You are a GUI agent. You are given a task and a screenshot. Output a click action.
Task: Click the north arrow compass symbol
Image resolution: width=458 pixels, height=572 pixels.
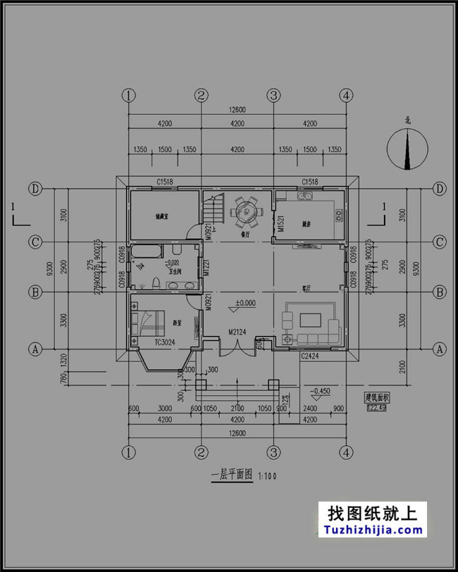[407, 150]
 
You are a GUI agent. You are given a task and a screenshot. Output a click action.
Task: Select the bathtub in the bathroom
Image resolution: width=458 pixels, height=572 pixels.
[147, 251]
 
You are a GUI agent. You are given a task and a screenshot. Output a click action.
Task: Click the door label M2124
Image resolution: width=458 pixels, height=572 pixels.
[237, 332]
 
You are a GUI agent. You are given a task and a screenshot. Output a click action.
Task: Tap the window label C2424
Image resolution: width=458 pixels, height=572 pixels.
[311, 356]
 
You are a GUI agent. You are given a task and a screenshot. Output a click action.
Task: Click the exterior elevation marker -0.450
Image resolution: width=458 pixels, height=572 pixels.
[321, 390]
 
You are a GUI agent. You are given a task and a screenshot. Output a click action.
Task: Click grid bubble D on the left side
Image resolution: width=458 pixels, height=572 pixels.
[33, 189]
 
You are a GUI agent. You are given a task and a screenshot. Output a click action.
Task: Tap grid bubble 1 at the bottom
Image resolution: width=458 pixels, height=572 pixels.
[128, 451]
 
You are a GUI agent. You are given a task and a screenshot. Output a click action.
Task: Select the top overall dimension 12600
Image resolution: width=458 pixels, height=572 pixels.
[237, 109]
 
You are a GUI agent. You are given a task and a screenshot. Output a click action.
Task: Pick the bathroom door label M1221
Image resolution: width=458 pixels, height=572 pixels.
[206, 268]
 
